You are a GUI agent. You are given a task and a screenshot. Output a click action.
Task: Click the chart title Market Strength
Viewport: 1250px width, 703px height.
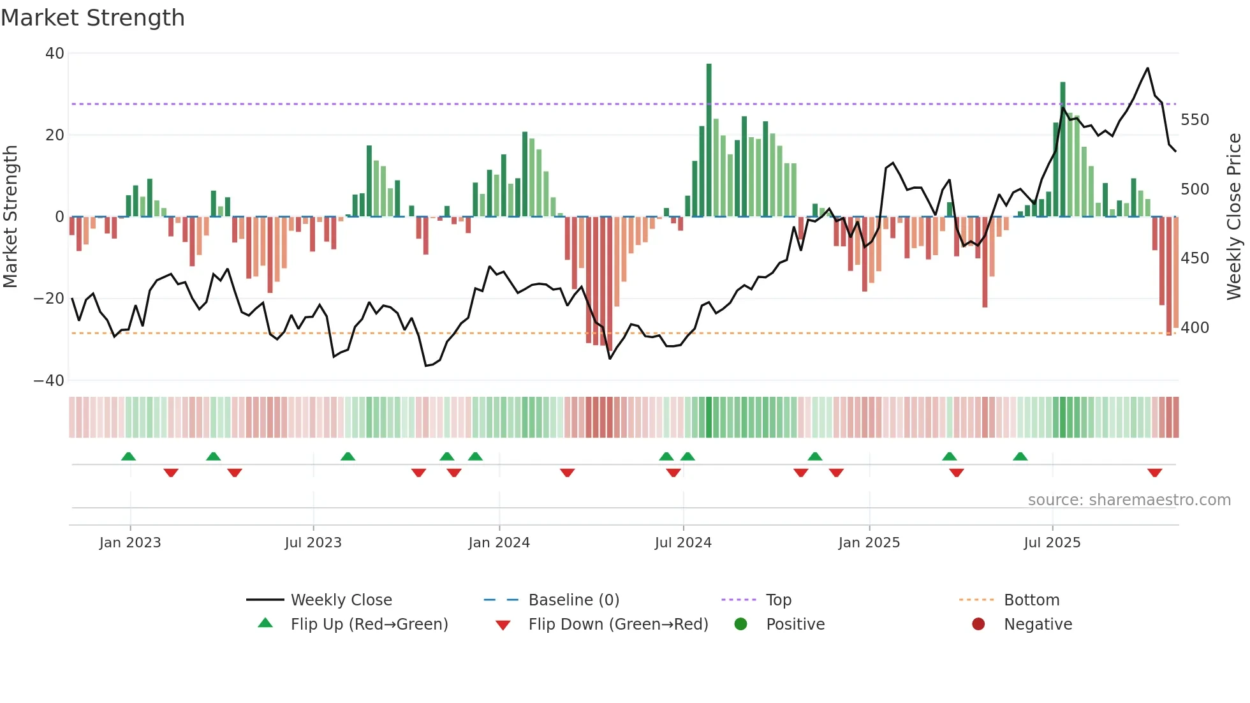point(92,18)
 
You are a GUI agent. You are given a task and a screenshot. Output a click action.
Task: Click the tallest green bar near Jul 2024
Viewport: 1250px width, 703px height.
point(709,140)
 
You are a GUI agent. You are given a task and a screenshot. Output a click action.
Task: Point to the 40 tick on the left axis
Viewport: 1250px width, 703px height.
point(55,54)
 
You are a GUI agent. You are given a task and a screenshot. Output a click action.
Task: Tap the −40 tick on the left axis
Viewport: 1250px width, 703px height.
point(50,381)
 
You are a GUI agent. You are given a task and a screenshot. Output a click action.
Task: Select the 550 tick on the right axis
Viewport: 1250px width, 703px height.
point(1195,120)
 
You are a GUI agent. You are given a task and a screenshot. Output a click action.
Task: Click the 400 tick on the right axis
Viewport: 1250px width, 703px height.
point(1195,328)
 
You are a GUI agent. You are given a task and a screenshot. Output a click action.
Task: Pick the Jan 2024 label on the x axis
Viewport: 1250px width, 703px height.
point(499,543)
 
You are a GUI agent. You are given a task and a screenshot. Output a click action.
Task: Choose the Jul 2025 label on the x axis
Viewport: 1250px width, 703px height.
point(1052,543)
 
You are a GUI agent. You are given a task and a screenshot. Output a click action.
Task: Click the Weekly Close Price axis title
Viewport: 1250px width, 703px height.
point(1234,217)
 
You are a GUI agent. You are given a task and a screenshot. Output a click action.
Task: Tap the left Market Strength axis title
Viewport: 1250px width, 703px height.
point(11,217)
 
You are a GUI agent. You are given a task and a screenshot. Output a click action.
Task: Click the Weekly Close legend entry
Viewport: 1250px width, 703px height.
point(341,600)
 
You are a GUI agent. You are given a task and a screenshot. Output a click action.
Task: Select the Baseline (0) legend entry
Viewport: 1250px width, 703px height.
point(573,600)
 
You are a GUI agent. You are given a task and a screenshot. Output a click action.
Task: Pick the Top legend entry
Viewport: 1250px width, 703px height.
point(778,600)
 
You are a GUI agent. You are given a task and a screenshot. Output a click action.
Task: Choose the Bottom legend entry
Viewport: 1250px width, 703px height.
point(1031,600)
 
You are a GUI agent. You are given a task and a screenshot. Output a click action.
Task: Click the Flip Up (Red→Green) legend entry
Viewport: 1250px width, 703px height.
point(369,625)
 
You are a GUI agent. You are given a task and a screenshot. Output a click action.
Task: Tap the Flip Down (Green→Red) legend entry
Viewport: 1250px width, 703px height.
point(617,625)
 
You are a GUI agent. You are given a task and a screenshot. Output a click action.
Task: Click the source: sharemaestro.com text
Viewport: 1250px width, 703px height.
point(1129,500)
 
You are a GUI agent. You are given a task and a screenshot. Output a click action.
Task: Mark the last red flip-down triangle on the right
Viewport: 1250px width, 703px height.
point(1154,473)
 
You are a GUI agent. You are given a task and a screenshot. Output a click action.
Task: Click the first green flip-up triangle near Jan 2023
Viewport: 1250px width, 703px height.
point(128,457)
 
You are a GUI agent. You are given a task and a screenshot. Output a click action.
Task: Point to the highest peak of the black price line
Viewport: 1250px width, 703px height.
point(1147,68)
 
